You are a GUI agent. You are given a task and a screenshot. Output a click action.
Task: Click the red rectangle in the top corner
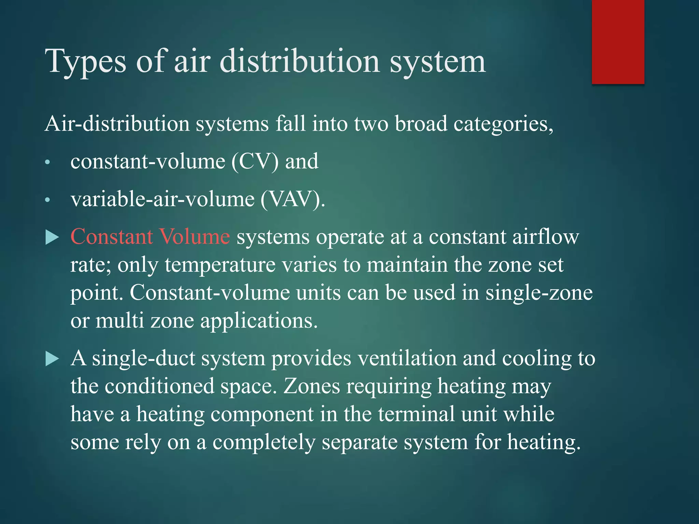pyautogui.click(x=618, y=42)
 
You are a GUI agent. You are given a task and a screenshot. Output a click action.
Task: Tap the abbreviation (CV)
pyautogui.click(x=255, y=161)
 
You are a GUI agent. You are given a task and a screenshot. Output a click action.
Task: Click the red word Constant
pyautogui.click(x=111, y=236)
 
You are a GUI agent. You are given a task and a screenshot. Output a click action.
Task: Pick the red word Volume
pyautogui.click(x=195, y=236)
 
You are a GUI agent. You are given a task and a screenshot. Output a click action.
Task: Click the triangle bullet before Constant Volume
pyautogui.click(x=52, y=237)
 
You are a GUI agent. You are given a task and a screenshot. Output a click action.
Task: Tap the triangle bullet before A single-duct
pyautogui.click(x=52, y=359)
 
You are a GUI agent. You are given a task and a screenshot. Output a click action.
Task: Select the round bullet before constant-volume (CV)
pyautogui.click(x=48, y=163)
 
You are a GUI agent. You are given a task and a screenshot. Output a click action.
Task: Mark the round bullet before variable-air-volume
pyautogui.click(x=48, y=200)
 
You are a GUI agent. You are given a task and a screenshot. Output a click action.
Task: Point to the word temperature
pyautogui.click(x=220, y=265)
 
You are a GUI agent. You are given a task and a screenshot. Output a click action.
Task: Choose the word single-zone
pyautogui.click(x=539, y=293)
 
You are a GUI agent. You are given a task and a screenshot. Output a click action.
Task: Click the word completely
pyautogui.click(x=264, y=442)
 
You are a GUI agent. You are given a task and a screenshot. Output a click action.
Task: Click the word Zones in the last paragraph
pyautogui.click(x=312, y=386)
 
